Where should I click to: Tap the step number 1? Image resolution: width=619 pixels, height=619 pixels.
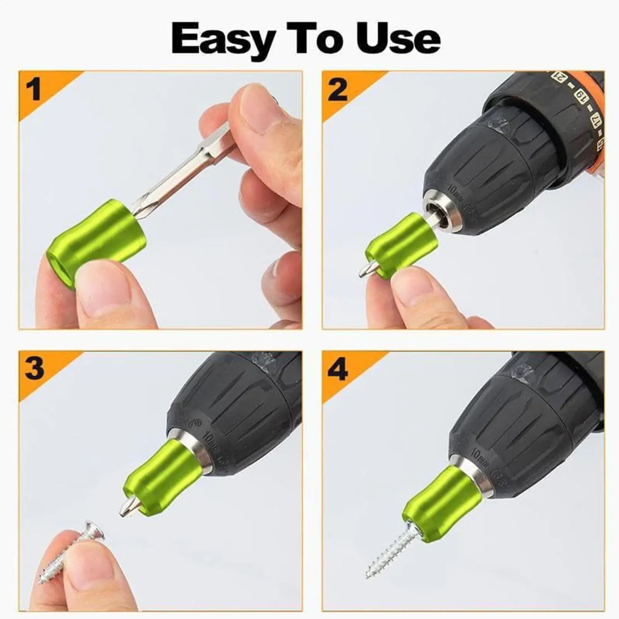pos(34,89)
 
